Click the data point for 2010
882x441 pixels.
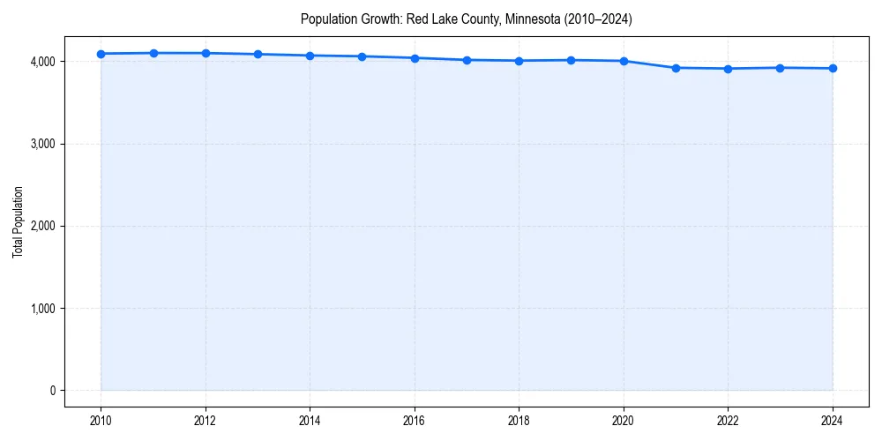coord(101,54)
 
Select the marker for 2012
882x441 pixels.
coord(206,53)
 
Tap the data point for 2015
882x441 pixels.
coord(363,56)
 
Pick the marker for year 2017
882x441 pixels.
coord(467,60)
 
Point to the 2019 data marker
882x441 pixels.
coord(572,60)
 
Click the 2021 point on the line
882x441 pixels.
coord(676,68)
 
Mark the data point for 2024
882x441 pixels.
coord(833,68)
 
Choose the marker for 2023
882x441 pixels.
coord(781,68)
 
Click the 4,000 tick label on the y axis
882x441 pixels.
coord(42,62)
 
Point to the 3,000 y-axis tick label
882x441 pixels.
coord(42,144)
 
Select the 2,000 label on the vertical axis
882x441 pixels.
coord(42,226)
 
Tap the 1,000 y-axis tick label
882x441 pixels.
coord(42,309)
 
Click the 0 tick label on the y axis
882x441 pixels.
coord(52,391)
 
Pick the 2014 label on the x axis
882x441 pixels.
coord(310,420)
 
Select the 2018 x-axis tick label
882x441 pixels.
coord(519,420)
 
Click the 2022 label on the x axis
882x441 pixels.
coord(729,420)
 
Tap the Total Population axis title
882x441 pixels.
coord(18,221)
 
